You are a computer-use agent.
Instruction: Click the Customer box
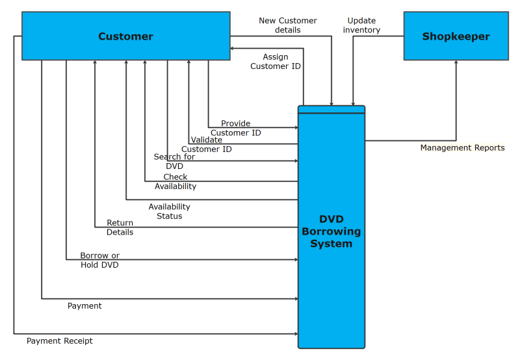tap(126, 36)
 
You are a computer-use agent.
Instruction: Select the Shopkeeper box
tap(456, 36)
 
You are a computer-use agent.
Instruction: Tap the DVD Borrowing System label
tap(331, 232)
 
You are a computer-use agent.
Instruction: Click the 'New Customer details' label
tap(288, 25)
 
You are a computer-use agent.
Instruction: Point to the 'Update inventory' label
tap(361, 25)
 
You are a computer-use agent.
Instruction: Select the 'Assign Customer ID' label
tap(276, 62)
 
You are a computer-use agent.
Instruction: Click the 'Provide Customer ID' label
tap(235, 128)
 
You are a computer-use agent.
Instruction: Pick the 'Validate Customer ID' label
tap(207, 144)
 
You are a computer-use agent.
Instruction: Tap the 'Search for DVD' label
tap(174, 161)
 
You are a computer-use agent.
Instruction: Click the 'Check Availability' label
tap(175, 181)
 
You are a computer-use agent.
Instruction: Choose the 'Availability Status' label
tap(169, 211)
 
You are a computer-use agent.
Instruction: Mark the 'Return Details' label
tap(120, 227)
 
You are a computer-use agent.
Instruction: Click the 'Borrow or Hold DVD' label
tap(99, 260)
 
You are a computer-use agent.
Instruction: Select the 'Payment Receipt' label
tap(60, 341)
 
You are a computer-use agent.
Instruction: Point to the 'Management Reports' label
tap(462, 148)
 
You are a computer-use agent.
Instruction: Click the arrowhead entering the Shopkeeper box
tap(456, 63)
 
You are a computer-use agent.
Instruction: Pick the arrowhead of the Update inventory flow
tap(353, 103)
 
